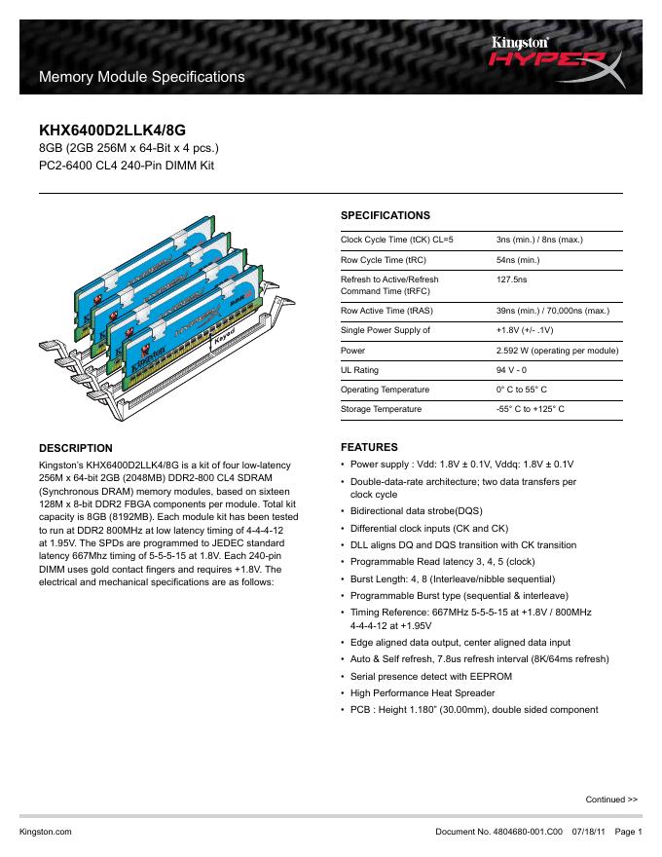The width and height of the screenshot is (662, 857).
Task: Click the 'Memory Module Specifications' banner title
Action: coord(140,76)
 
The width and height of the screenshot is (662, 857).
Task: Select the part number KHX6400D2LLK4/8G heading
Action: coord(111,129)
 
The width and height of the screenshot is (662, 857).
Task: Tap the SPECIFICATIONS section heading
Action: coord(385,215)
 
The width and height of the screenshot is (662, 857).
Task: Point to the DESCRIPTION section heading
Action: coord(76,448)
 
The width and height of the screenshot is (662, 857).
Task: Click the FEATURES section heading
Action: coord(368,448)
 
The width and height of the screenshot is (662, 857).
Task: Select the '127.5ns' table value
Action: coord(512,280)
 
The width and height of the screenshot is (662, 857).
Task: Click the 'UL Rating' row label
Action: coord(359,370)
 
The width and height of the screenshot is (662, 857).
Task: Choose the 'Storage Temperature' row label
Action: coord(381,409)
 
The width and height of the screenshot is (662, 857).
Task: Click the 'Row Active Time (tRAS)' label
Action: coord(387,311)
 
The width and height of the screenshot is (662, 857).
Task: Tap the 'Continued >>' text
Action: coord(611,800)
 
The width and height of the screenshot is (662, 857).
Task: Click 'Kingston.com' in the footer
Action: coord(46,832)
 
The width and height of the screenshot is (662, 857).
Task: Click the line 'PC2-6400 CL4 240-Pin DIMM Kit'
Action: coord(126,166)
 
